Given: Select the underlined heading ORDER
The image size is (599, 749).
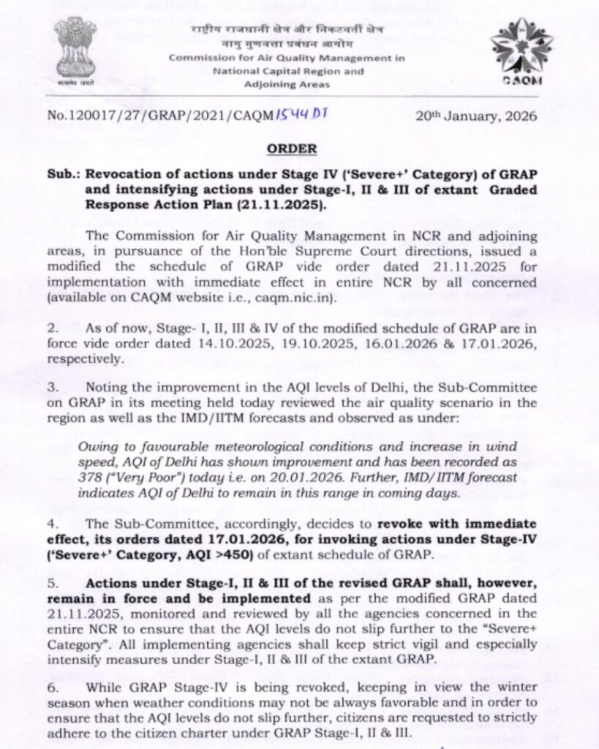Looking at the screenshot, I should [292, 148].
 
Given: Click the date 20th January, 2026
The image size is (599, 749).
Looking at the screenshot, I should [477, 116].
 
